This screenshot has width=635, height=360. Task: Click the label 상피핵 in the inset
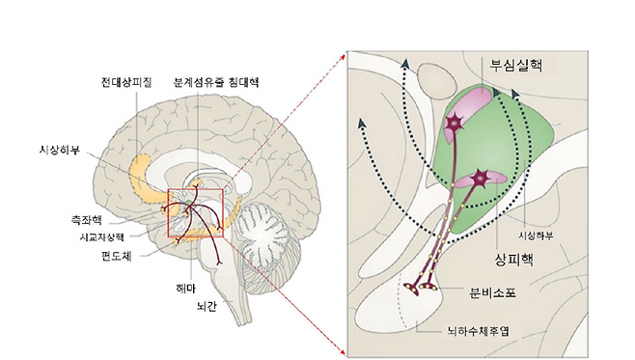512,260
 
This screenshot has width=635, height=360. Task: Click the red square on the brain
195,212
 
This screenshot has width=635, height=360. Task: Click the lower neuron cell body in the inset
480,180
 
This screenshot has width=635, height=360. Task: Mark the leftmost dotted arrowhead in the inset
363,122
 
